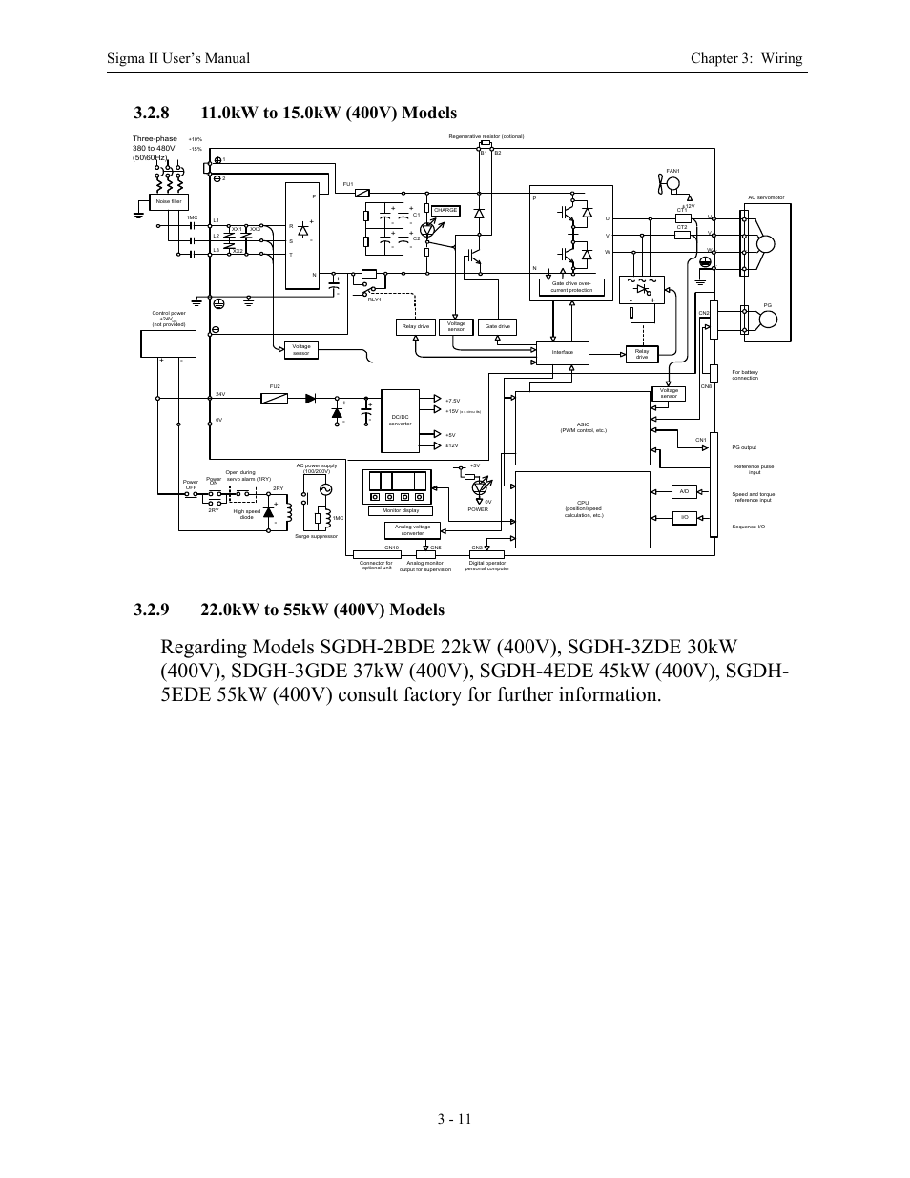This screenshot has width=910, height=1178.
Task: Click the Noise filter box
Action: pyautogui.click(x=169, y=201)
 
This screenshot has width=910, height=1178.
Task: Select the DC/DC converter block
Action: pyautogui.click(x=401, y=421)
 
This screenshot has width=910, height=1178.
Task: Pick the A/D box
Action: pyautogui.click(x=684, y=492)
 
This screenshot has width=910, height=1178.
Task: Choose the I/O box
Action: pyautogui.click(x=684, y=517)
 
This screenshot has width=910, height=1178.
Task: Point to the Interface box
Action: pyautogui.click(x=563, y=352)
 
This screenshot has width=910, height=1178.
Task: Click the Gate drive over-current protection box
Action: pyautogui.click(x=572, y=287)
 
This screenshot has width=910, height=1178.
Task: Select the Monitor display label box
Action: pyautogui.click(x=401, y=510)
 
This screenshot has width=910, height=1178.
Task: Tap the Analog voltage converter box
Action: pyautogui.click(x=412, y=529)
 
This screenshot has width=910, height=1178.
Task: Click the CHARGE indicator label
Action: pyautogui.click(x=445, y=210)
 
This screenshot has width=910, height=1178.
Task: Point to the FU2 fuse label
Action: pyautogui.click(x=275, y=386)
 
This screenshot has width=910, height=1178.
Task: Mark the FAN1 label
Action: pyautogui.click(x=672, y=171)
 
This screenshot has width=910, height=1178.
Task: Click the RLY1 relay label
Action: pyautogui.click(x=374, y=300)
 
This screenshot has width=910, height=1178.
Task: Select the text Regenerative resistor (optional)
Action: pyautogui.click(x=486, y=136)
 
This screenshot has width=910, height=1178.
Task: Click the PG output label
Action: pyautogui.click(x=744, y=447)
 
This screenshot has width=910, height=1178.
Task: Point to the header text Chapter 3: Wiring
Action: pyautogui.click(x=746, y=58)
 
